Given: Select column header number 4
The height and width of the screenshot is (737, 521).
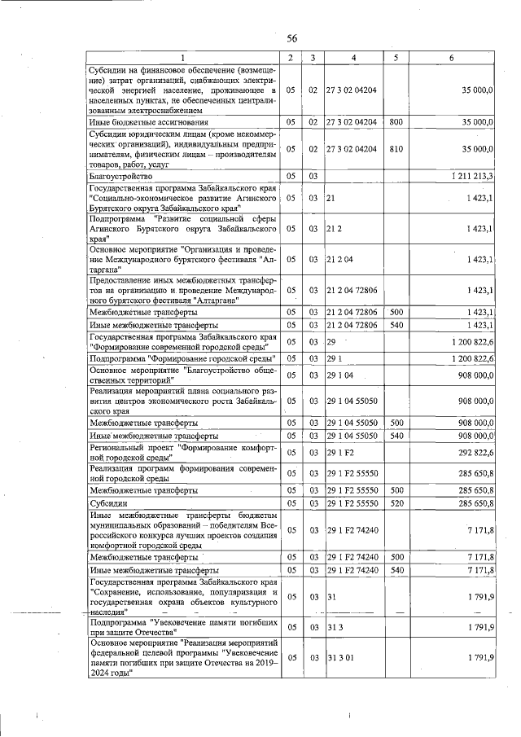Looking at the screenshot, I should point(352,57).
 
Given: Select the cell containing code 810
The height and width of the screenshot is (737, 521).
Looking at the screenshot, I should point(396,149).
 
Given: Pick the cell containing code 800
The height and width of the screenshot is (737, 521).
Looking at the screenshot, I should point(396,121).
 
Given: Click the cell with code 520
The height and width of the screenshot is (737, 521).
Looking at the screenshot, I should point(396,504).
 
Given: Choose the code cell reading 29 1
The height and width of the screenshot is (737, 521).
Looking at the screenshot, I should point(332,358).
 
